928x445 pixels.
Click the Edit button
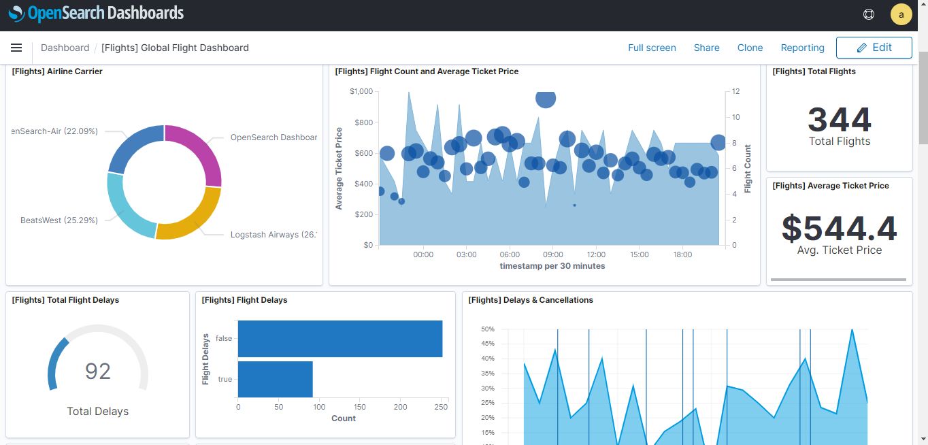[874, 48]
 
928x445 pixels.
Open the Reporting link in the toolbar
[802, 48]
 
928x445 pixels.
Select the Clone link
[750, 48]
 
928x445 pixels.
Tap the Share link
[706, 48]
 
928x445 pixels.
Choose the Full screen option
[652, 48]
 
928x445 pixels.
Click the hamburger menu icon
[16, 48]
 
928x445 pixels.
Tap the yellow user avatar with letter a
[901, 14]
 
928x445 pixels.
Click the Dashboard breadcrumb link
[65, 48]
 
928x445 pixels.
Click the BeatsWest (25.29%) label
[59, 220]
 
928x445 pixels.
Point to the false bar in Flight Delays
[339, 339]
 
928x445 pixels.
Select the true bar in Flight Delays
[275, 379]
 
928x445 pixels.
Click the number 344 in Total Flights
[839, 120]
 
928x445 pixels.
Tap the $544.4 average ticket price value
[839, 228]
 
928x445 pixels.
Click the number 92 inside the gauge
[97, 371]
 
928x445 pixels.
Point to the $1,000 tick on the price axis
[361, 91]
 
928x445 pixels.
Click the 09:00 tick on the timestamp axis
[552, 254]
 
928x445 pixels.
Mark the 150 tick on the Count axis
[360, 407]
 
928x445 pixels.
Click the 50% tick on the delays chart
[487, 329]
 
